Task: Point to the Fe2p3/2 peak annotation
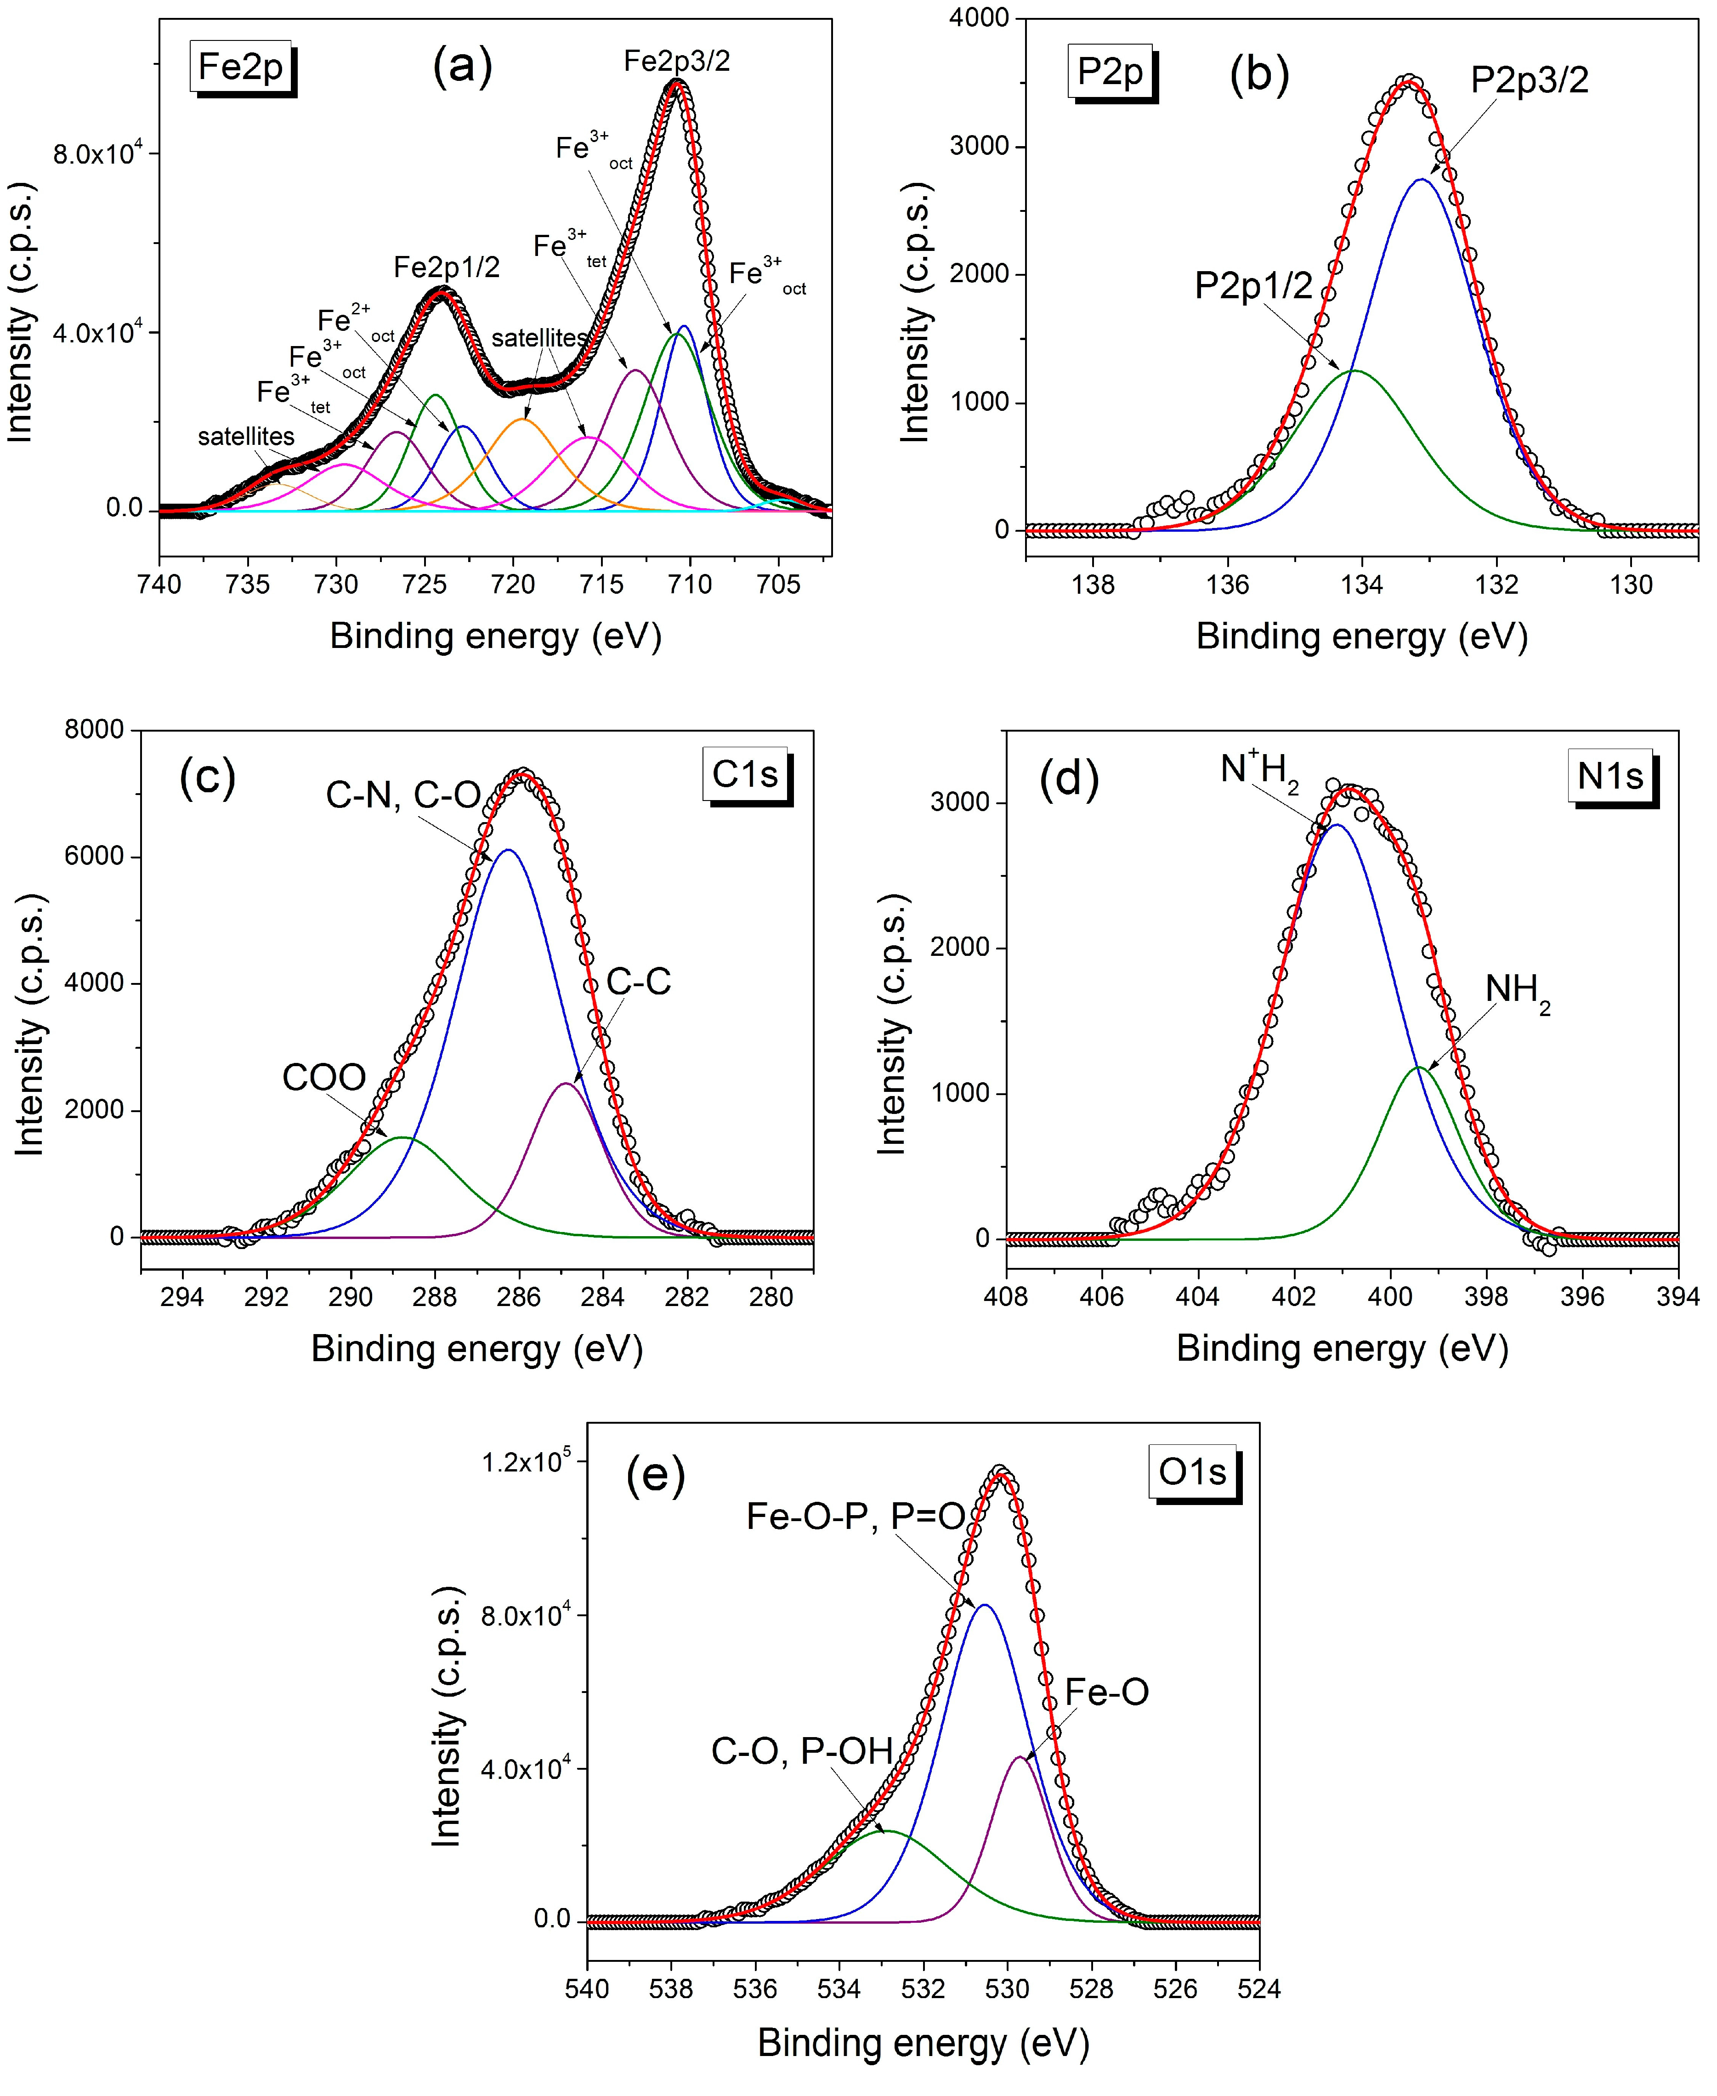pos(676,61)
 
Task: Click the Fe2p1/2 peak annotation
pos(446,267)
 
